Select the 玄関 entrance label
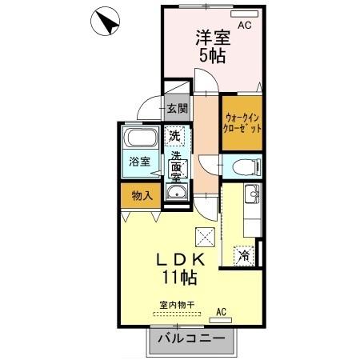(178, 109)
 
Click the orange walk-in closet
(241, 123)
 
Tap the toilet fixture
(242, 166)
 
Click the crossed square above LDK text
(206, 238)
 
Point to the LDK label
(180, 260)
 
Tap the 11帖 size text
(180, 278)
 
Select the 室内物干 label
(178, 306)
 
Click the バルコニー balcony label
(191, 339)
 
